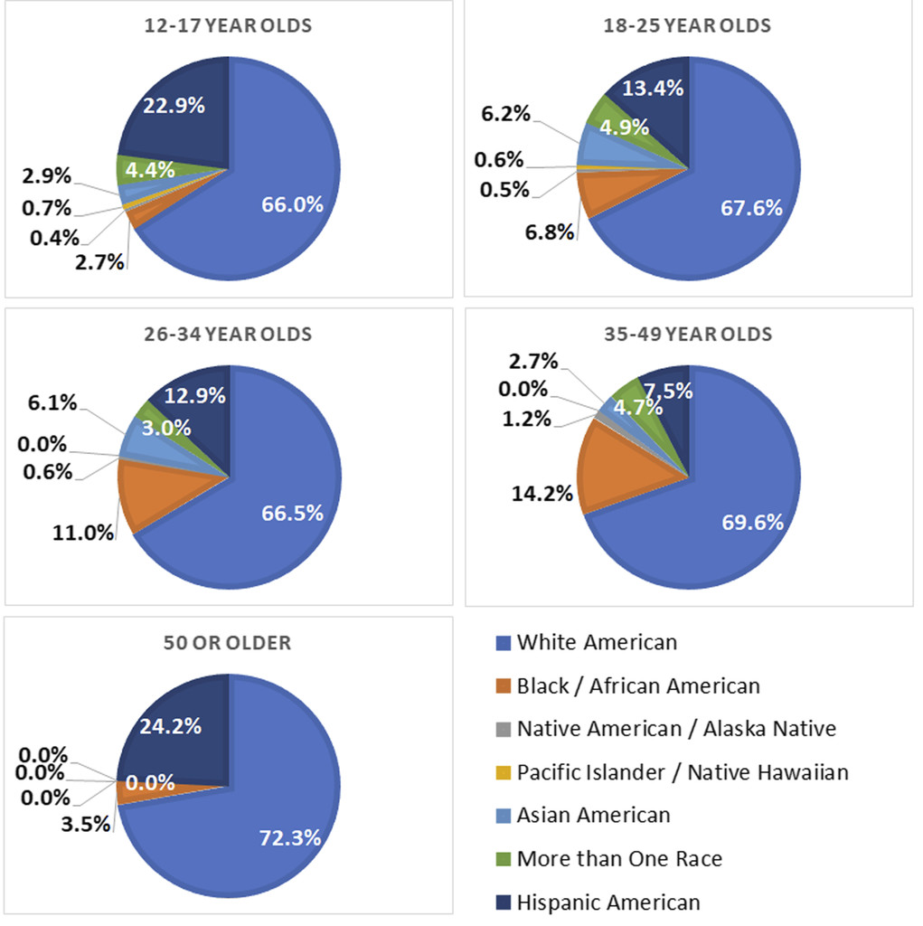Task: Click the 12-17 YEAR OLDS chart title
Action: pyautogui.click(x=228, y=25)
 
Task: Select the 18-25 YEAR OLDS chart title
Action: pyautogui.click(x=687, y=25)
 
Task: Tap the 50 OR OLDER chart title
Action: pyautogui.click(x=228, y=643)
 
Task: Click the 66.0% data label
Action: pyautogui.click(x=293, y=203)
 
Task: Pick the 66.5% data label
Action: pyautogui.click(x=293, y=513)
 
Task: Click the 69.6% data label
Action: pyautogui.click(x=752, y=522)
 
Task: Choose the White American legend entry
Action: pyautogui.click(x=596, y=643)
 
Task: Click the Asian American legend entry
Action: pyautogui.click(x=593, y=815)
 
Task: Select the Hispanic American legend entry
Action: pyautogui.click(x=607, y=902)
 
